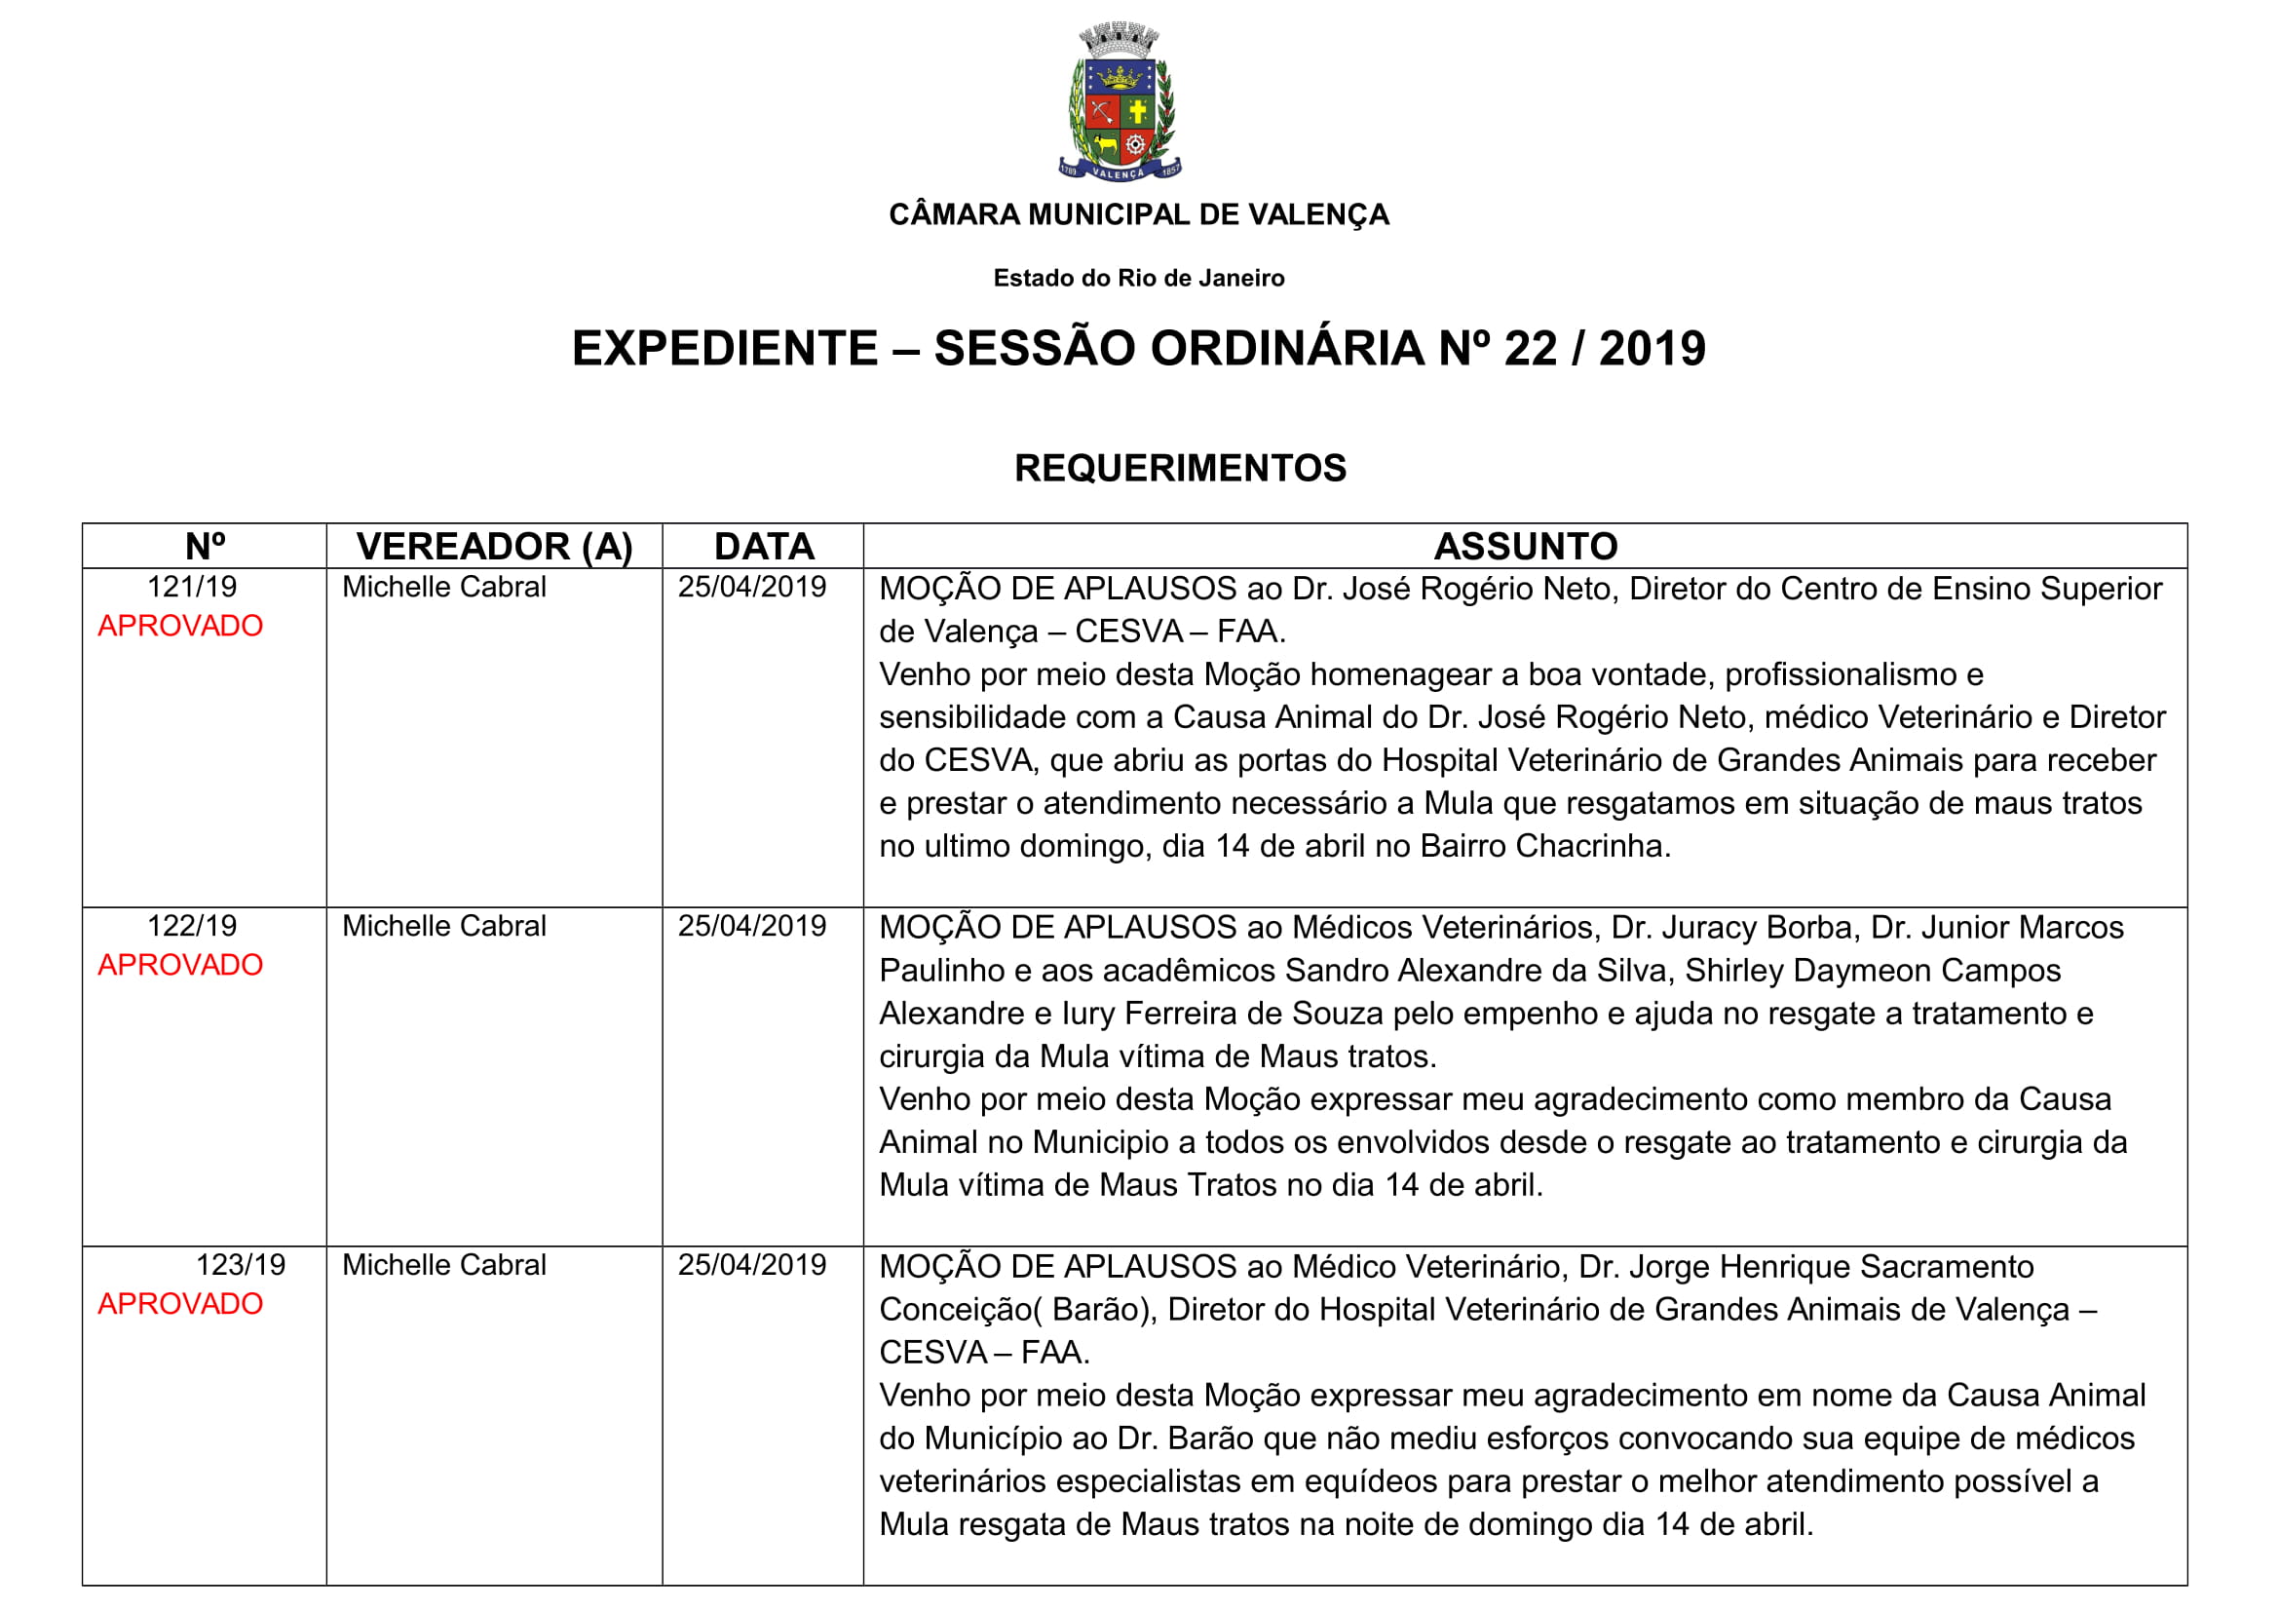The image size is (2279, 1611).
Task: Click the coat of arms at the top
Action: (x=1120, y=102)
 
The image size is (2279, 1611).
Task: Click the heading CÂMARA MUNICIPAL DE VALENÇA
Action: (x=1138, y=214)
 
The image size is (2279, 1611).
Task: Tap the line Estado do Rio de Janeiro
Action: (x=1138, y=278)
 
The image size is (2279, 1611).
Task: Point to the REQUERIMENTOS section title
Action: (x=1179, y=468)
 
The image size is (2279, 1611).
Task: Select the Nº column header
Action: (x=205, y=546)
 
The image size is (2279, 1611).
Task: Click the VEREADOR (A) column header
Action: (x=494, y=546)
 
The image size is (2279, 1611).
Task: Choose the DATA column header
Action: (x=763, y=546)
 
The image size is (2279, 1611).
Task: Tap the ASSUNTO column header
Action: (x=1525, y=546)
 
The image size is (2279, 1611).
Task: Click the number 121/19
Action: (x=192, y=587)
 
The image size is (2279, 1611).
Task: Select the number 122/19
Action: (x=192, y=926)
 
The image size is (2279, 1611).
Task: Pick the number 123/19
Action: (x=241, y=1265)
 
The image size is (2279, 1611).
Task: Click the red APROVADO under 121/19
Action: (x=179, y=626)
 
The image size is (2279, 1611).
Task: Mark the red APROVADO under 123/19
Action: (x=179, y=1303)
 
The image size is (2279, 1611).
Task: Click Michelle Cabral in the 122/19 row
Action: (x=443, y=926)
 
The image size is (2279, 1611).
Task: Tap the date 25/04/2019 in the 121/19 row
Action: (x=751, y=587)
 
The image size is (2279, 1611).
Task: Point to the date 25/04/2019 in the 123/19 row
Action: (x=751, y=1265)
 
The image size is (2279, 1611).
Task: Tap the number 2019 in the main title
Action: (x=1652, y=348)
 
